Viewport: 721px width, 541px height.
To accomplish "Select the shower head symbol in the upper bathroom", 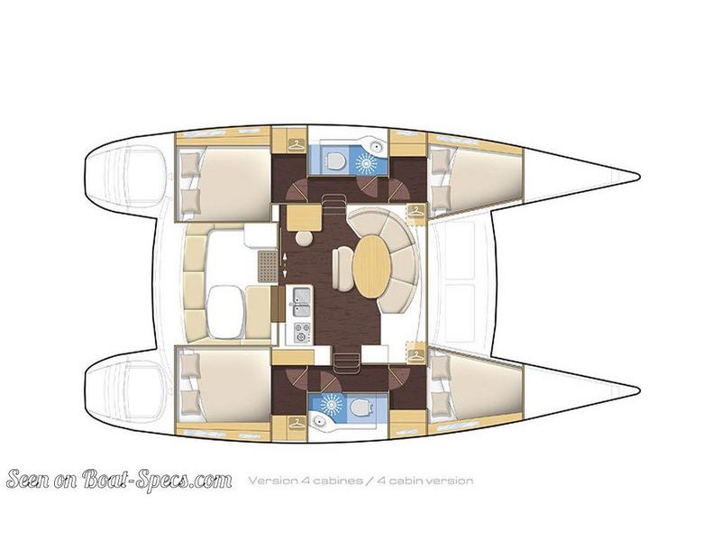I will click(365, 163).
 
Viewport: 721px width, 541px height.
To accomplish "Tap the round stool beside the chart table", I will click(306, 240).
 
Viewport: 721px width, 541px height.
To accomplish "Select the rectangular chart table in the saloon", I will click(304, 216).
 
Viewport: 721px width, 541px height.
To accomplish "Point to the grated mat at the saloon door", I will click(268, 267).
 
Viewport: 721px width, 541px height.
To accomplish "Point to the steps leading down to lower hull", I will click(342, 362).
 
